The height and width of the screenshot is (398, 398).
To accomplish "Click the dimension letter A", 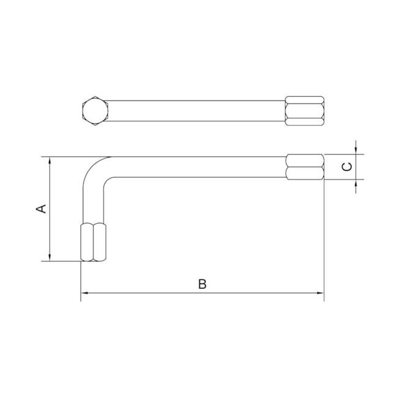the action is pos(41,208).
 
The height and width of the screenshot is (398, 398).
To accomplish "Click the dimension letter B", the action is pos(202,284).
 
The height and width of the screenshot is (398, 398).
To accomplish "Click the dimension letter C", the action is pos(347,167).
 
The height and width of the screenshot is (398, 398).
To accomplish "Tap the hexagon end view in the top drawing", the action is pos(95,111).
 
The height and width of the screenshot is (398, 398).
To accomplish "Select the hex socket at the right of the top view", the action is pos(304,111).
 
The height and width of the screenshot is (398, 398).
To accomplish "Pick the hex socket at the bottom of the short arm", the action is pos(94,242).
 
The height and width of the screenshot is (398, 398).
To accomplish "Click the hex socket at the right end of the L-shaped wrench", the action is pos(305,167).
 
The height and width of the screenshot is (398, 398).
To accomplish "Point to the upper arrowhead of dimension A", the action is pos(50,160).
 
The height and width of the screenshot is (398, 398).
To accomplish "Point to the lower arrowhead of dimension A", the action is pos(50,257).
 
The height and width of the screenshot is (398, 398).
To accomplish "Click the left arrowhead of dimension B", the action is pos(84,293).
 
